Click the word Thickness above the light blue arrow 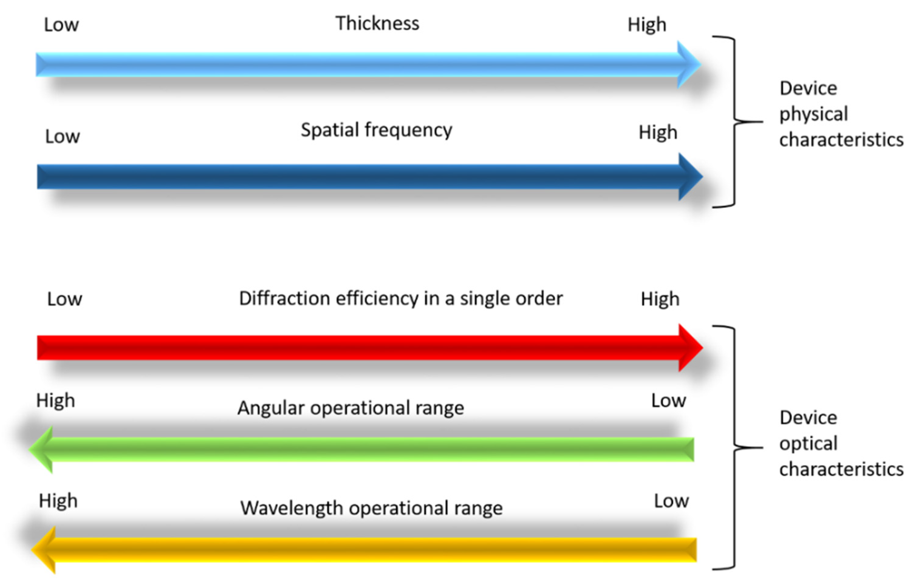click(377, 23)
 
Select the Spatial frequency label click(376, 130)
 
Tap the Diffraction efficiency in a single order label click(400, 299)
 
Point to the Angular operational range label click(350, 408)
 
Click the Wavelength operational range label click(371, 508)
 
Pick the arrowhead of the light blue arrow click(688, 64)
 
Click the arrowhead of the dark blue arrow click(689, 176)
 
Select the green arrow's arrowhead click(42, 449)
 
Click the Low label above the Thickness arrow click(61, 25)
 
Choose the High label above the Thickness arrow click(647, 25)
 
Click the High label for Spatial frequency click(658, 133)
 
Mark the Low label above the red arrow click(64, 299)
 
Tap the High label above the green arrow click(56, 401)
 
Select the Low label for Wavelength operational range click(671, 501)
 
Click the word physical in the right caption click(813, 114)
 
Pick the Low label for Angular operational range click(668, 401)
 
